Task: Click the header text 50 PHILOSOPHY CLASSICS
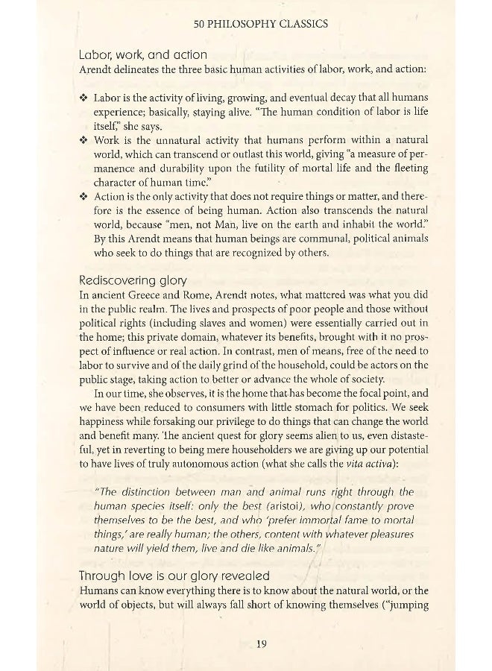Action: [260, 24]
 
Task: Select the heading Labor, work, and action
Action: [143, 54]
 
